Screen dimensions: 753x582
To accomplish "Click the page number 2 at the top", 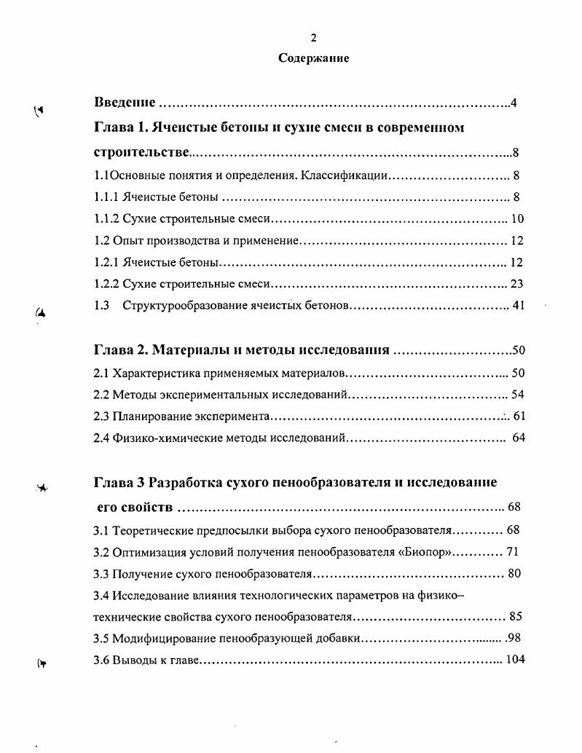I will [x=313, y=39].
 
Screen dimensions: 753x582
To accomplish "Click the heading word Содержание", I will [x=313, y=58].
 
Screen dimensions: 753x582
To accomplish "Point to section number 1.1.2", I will [x=107, y=218].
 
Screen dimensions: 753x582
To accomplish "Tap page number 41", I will [x=518, y=306].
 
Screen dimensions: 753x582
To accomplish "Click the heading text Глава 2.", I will [x=120, y=350].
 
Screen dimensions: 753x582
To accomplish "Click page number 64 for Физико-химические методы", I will [x=519, y=438].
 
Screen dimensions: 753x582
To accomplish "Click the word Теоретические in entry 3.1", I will [x=151, y=529].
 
